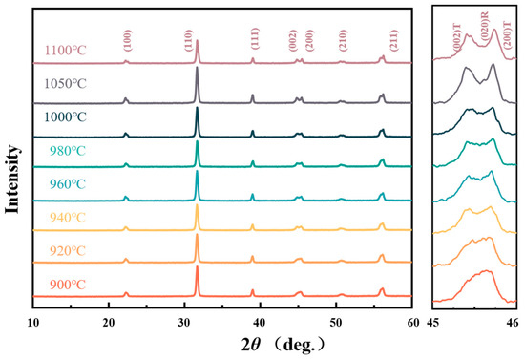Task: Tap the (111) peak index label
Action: click(x=253, y=40)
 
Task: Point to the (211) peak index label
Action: click(x=395, y=40)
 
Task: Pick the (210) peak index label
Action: click(x=343, y=40)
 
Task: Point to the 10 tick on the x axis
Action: click(x=33, y=321)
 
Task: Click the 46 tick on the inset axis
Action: click(x=514, y=321)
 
